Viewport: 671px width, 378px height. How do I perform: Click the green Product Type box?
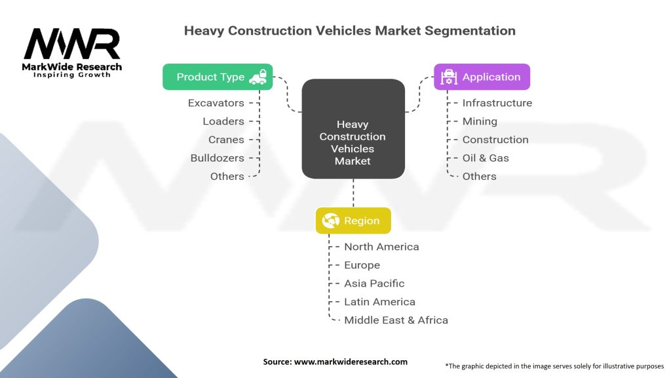[217, 77]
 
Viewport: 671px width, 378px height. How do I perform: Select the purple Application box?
[482, 77]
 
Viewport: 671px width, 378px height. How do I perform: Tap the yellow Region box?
[353, 220]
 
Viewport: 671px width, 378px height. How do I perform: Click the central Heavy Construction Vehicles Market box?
[353, 129]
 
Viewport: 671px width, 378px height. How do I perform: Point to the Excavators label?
[216, 103]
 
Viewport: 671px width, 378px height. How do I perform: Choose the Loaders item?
[223, 121]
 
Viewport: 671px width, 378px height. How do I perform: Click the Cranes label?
[225, 140]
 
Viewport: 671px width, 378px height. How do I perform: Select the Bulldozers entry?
[217, 158]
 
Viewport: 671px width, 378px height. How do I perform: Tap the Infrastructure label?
[497, 103]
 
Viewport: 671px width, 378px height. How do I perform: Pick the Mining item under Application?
[480, 121]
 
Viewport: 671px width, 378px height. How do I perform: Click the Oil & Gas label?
[486, 158]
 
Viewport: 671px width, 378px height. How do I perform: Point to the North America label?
[381, 247]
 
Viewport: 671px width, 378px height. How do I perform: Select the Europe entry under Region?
[362, 265]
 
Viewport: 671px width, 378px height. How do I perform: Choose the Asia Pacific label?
[374, 283]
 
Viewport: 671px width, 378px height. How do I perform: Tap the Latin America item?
[379, 302]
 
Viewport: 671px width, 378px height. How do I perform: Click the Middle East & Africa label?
[396, 320]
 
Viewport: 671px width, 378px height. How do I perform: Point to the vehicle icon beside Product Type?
[258, 77]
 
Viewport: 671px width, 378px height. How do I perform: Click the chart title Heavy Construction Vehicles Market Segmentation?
[349, 31]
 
